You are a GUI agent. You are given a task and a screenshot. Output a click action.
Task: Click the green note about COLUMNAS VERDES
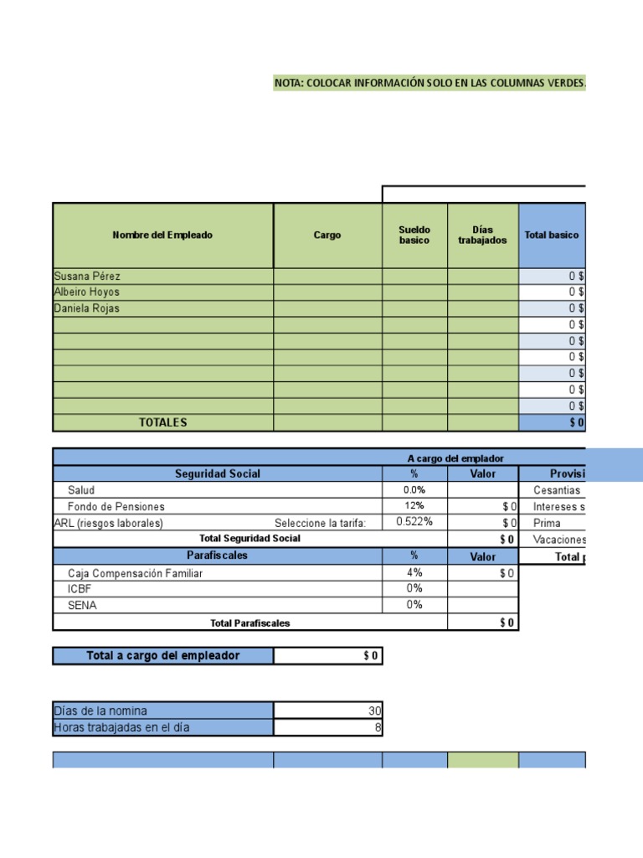click(430, 83)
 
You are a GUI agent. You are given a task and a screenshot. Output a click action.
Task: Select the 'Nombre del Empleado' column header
click(162, 235)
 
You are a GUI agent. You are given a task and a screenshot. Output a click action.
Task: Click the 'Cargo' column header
click(327, 235)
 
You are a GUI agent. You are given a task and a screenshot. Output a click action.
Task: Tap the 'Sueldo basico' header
click(414, 235)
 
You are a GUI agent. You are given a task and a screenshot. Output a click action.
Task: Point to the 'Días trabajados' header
click(482, 235)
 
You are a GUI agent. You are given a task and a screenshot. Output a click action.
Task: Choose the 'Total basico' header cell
click(551, 235)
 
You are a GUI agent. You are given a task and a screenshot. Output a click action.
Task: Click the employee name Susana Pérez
click(87, 277)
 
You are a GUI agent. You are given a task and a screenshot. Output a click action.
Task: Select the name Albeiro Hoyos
click(86, 292)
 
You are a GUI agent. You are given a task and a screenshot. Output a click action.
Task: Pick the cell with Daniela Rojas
click(87, 308)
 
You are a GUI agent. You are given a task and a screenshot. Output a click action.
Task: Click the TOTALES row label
click(163, 423)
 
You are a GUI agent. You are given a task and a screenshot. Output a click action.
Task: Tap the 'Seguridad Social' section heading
click(218, 474)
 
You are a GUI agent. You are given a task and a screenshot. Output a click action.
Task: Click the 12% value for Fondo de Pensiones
click(414, 506)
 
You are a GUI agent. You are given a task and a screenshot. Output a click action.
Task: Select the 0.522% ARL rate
click(414, 522)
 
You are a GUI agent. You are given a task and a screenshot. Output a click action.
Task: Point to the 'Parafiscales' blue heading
click(218, 556)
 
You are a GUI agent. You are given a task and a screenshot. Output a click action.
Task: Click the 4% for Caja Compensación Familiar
click(414, 572)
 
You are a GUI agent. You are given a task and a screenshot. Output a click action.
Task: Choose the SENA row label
click(82, 605)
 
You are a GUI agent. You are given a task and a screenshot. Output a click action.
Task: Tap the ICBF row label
click(81, 589)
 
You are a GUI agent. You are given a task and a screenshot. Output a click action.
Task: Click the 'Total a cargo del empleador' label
click(163, 656)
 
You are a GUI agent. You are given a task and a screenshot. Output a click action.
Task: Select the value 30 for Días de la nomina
click(374, 711)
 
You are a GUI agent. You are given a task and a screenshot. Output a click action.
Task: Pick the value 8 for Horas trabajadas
click(378, 727)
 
